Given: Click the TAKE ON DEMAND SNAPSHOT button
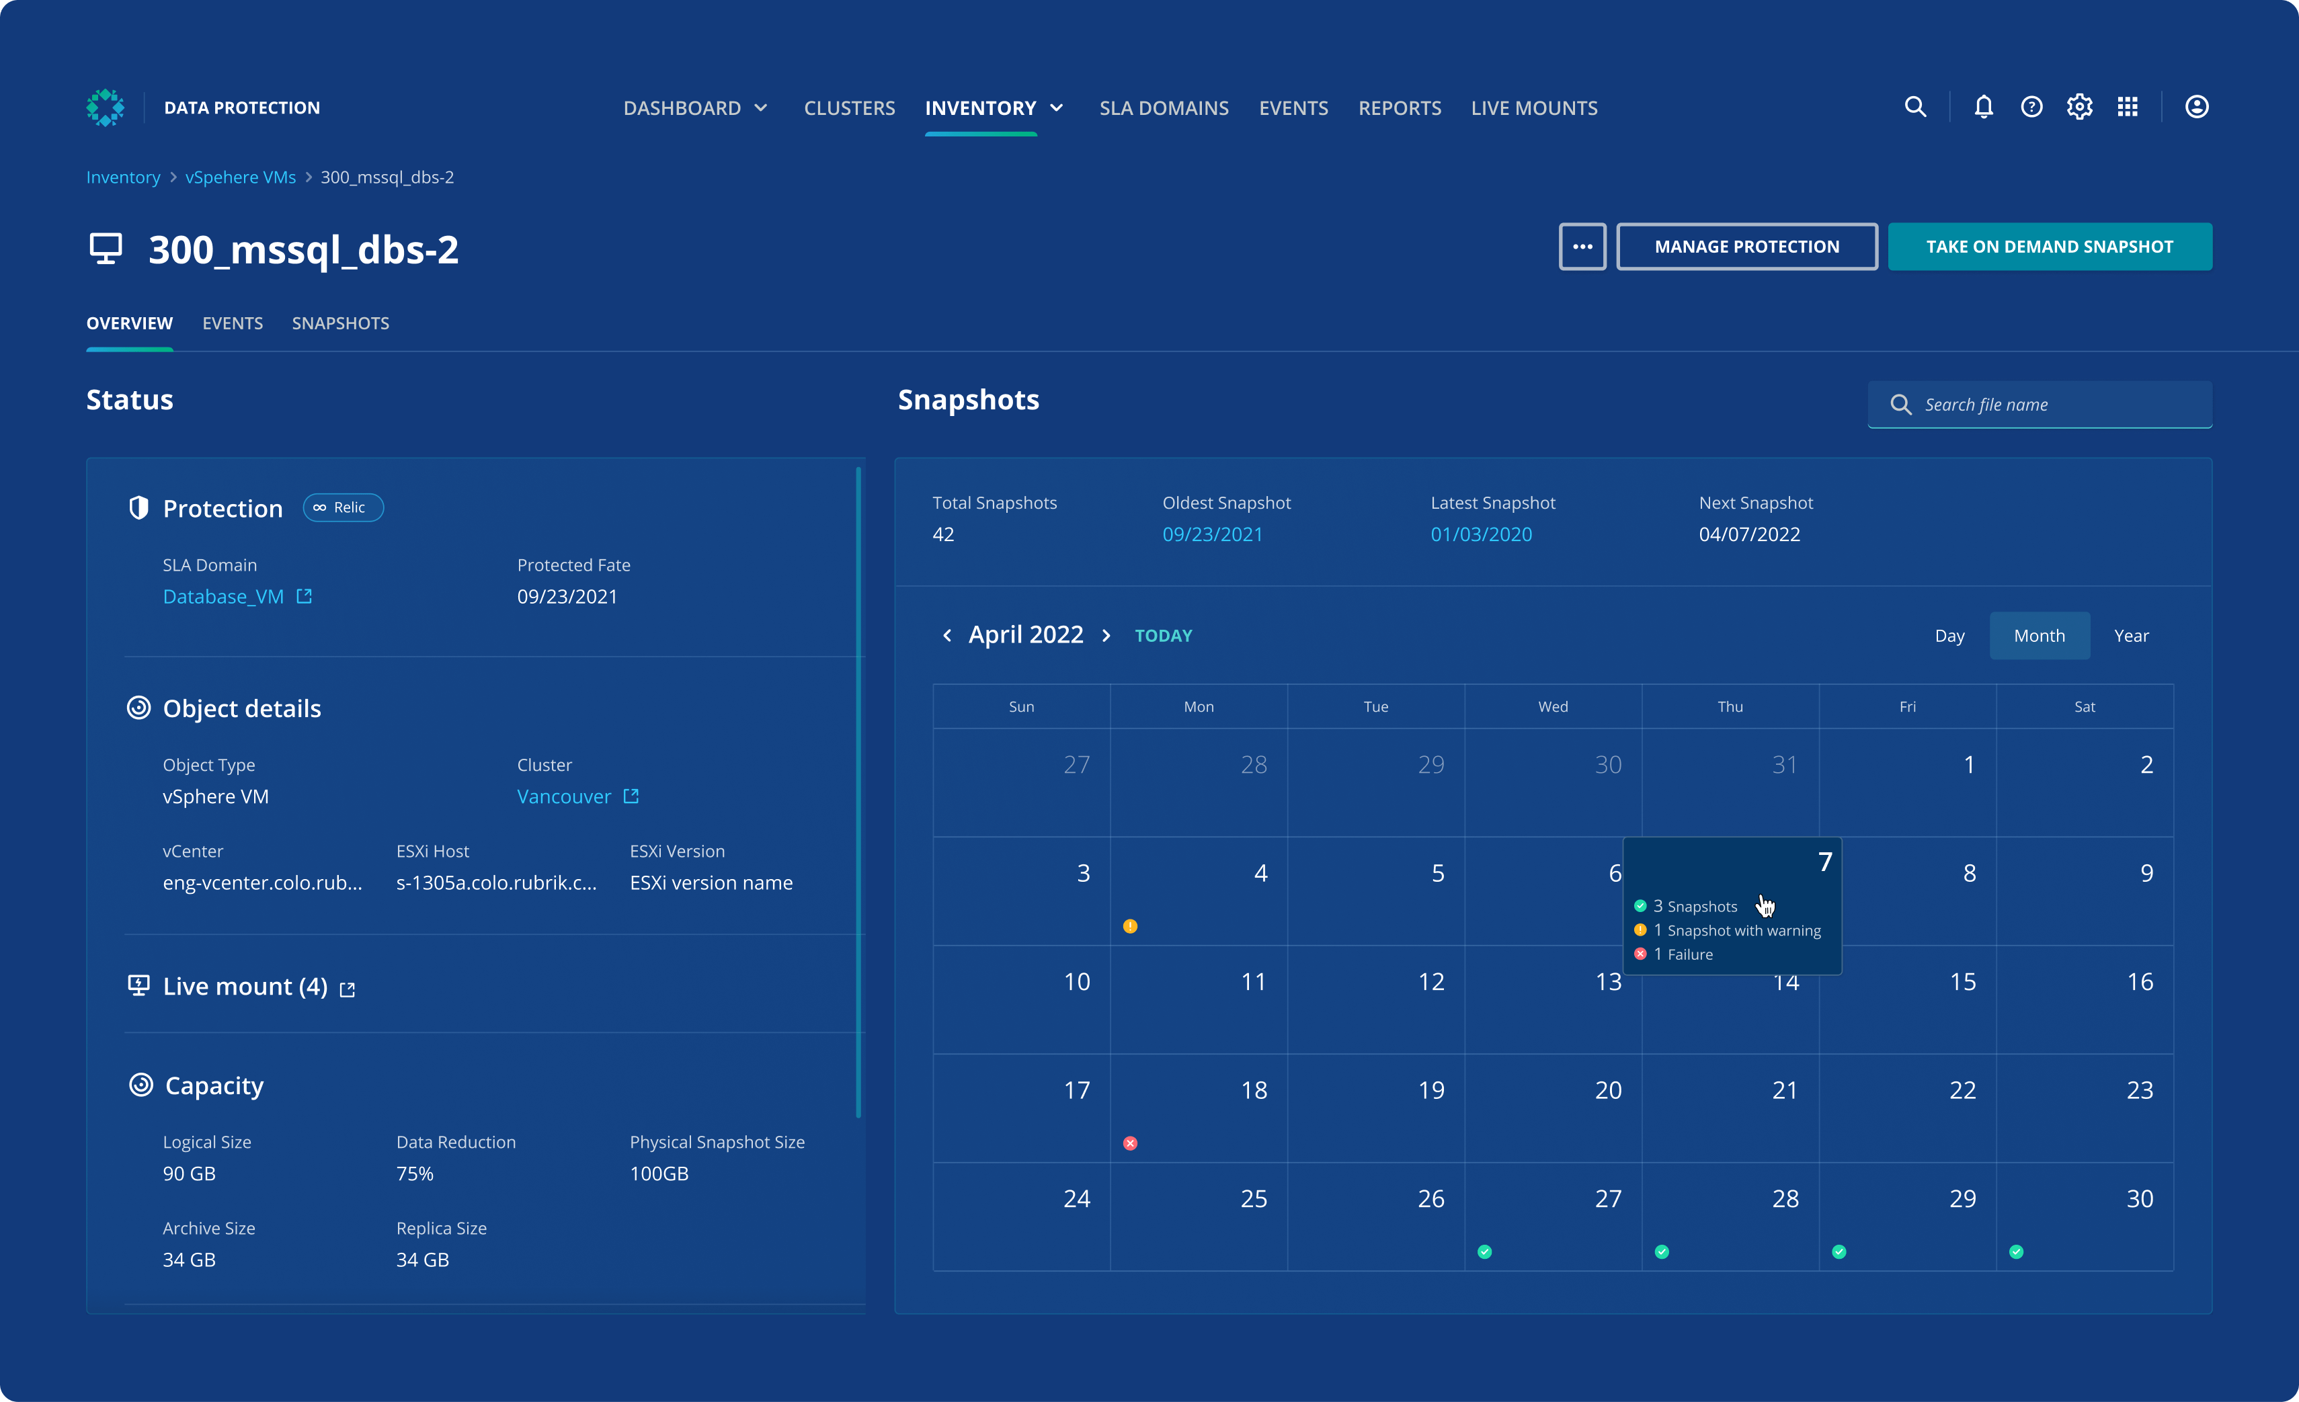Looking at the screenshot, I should [2049, 246].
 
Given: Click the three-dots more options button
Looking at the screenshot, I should [1582, 246].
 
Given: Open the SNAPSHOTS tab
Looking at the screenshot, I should [341, 323].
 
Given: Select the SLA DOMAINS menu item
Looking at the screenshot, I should [1164, 108].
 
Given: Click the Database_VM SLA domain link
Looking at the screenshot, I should [224, 596].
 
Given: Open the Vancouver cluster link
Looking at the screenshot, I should [565, 796].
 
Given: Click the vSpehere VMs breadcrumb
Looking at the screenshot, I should [240, 177].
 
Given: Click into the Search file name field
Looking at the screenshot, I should [2053, 405].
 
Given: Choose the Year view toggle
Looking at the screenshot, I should [2130, 635].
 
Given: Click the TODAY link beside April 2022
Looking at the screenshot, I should [1162, 635].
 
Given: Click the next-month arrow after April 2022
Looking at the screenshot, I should [1106, 635].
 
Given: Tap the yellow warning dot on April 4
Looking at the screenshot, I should [1130, 926].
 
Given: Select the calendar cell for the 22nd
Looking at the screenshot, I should [1907, 1108].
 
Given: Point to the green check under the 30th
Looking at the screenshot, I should [2016, 1252].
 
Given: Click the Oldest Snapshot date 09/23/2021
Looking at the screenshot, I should [1212, 534].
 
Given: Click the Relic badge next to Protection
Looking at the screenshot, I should [342, 507].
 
